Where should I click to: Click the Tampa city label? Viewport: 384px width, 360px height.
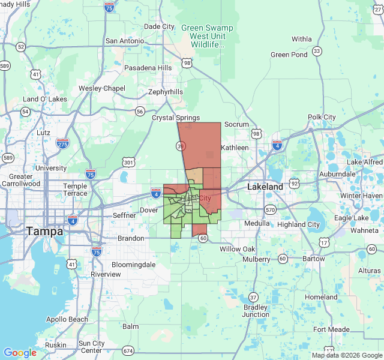tap(44, 231)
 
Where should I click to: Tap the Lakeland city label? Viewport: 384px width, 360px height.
tap(265, 187)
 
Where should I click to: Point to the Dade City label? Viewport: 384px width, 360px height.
tap(159, 26)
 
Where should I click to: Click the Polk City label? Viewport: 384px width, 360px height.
tap(322, 117)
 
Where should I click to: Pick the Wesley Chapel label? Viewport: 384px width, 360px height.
tap(102, 88)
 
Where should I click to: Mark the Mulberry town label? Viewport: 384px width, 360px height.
tap(257, 259)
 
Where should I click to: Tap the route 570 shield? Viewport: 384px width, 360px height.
tap(270, 209)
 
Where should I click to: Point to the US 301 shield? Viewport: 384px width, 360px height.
tap(128, 162)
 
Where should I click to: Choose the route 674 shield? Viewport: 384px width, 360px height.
tap(128, 350)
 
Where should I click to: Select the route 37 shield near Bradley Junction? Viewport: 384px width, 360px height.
tap(253, 297)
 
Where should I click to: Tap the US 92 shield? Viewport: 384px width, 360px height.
tap(295, 182)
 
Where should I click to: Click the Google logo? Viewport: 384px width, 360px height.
tap(20, 353)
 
